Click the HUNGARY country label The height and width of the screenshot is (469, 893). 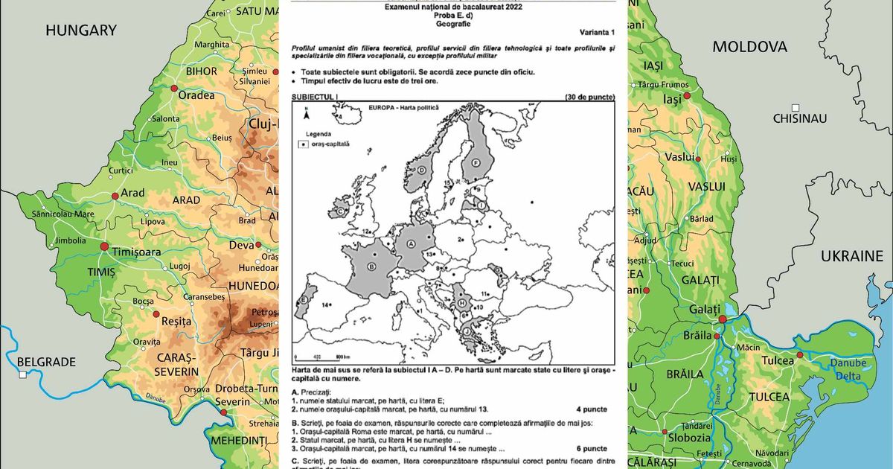tap(81, 30)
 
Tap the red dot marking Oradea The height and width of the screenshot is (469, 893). tap(174, 88)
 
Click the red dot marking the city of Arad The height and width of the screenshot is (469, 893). tap(115, 196)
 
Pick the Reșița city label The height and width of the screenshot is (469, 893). tap(176, 322)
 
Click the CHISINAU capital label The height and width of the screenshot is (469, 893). tap(800, 118)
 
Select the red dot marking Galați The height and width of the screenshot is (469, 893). tap(721, 319)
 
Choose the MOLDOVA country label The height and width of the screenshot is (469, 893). tap(749, 47)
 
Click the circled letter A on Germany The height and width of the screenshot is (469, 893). tap(410, 243)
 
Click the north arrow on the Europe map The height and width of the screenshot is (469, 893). tap(304, 112)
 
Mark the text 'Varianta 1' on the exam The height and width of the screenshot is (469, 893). tap(597, 33)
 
